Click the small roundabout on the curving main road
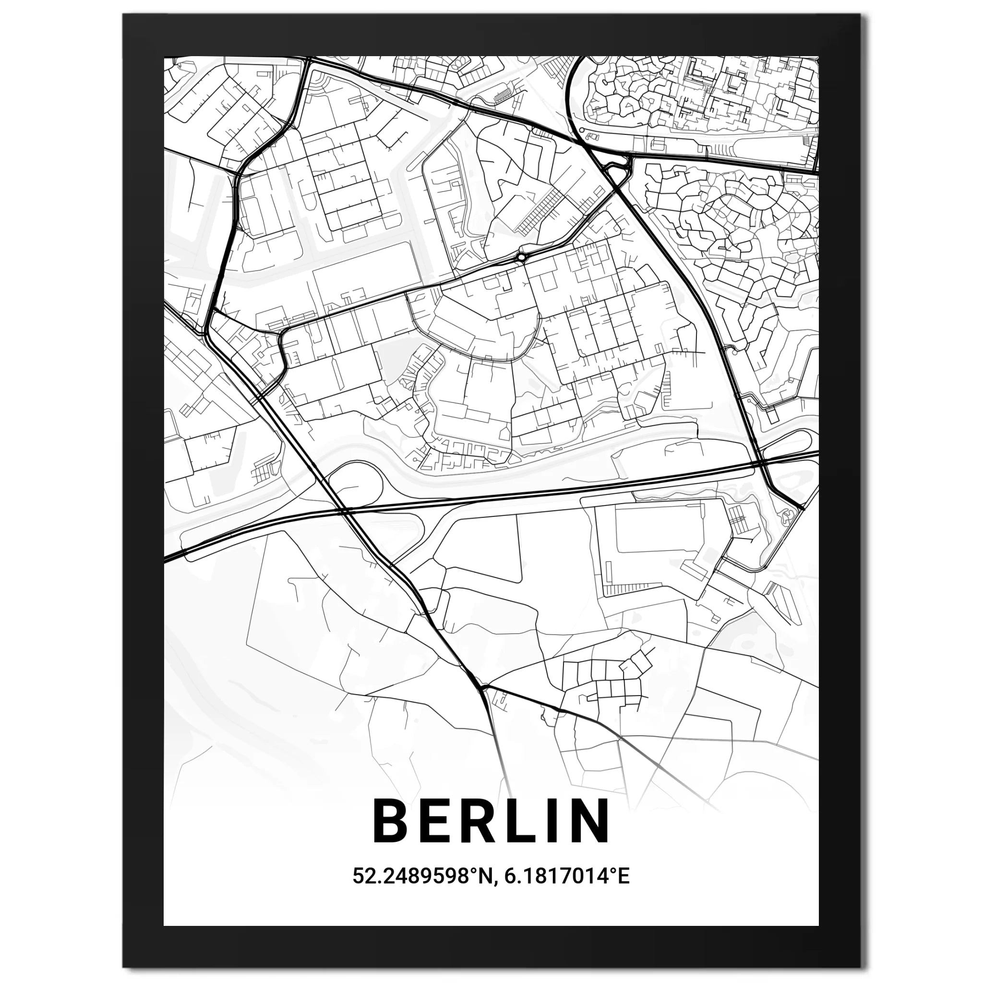(x=521, y=257)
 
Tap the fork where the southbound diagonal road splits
(x=482, y=688)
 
